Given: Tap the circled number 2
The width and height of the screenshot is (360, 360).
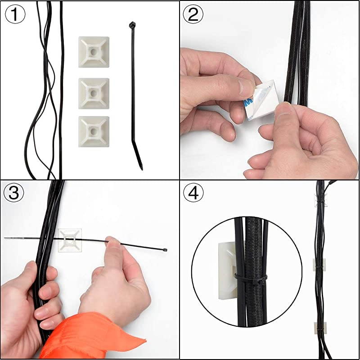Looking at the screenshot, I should [x=193, y=15].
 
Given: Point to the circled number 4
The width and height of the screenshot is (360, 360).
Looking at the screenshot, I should [x=193, y=193].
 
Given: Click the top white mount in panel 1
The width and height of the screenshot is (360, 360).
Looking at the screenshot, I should [x=94, y=52].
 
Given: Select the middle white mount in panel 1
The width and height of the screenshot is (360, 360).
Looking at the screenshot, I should [x=94, y=93].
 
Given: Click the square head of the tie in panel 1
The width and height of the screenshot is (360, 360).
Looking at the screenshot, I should [x=131, y=25].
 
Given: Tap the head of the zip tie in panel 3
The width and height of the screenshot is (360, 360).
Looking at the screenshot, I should [x=165, y=250].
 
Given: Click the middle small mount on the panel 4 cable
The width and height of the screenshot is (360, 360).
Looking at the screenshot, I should [x=319, y=265].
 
